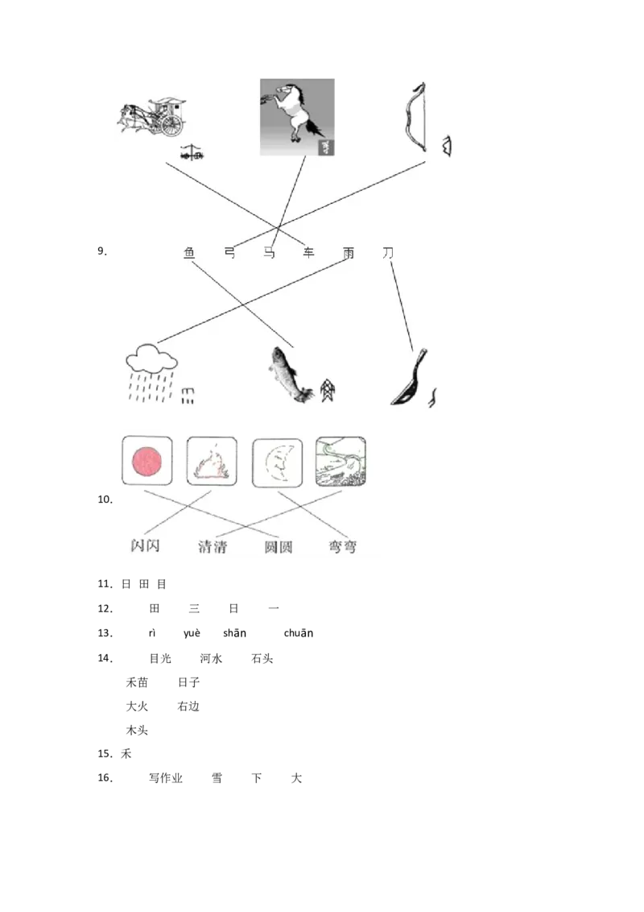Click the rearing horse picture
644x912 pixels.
(297, 117)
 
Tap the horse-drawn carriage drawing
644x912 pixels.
(154, 117)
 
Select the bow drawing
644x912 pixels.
(415, 117)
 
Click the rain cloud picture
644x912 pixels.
(151, 372)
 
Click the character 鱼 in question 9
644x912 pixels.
(189, 253)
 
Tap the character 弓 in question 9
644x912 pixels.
(230, 253)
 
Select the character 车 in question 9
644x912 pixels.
(308, 252)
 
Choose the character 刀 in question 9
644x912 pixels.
(388, 252)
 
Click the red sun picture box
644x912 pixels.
(147, 461)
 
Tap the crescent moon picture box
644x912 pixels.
(277, 462)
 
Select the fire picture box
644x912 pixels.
(212, 461)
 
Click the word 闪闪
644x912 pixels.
(146, 545)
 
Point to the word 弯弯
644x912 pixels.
(342, 547)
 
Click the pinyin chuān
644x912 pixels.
(298, 632)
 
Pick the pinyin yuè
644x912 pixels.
(192, 633)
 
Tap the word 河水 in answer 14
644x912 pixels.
(211, 658)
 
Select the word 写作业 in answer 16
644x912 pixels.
(166, 778)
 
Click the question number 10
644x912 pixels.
(105, 499)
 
